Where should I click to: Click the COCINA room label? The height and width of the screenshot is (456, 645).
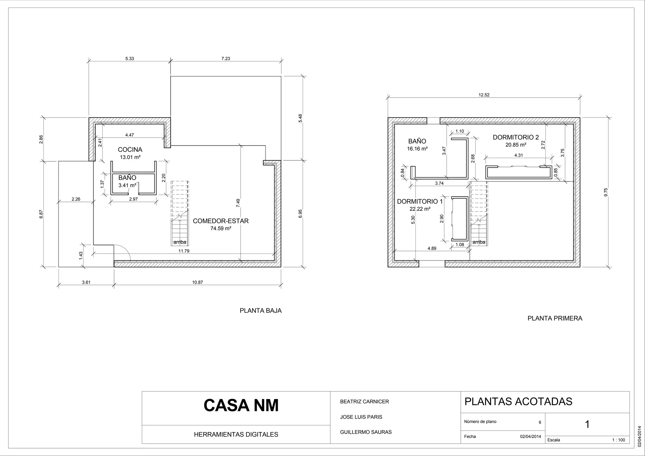(x=130, y=150)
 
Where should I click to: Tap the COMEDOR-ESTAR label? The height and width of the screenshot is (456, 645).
(x=221, y=221)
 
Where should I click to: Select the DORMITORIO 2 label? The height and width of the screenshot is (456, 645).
(x=516, y=137)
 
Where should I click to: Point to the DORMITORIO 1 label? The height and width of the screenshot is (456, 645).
(x=420, y=202)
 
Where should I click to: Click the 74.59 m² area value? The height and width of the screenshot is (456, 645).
(x=221, y=229)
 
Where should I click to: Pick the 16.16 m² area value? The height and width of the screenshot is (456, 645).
(x=417, y=149)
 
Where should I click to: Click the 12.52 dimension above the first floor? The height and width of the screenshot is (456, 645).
(x=484, y=95)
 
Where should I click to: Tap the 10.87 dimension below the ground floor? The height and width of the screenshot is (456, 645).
(x=197, y=282)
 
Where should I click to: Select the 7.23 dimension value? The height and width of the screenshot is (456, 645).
(x=226, y=59)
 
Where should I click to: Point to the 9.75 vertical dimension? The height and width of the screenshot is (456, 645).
(x=606, y=192)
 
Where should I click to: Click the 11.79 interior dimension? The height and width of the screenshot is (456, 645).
(x=184, y=251)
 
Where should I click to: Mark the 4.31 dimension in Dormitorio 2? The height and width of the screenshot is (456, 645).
(x=518, y=156)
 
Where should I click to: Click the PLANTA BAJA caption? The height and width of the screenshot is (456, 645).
(x=261, y=311)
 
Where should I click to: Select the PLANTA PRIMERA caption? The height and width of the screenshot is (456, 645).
(x=555, y=318)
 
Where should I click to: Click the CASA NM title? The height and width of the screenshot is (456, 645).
(x=241, y=406)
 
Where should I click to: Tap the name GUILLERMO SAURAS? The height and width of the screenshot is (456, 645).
(x=366, y=432)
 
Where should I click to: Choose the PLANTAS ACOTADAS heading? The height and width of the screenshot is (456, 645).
(x=518, y=402)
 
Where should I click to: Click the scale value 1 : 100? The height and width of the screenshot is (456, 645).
(x=619, y=440)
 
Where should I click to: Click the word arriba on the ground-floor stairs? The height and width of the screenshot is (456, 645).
(x=180, y=242)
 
